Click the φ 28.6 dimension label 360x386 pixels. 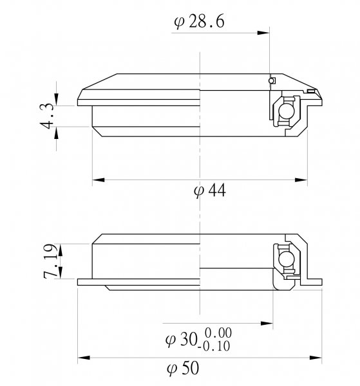199,22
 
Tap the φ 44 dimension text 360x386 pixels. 210,191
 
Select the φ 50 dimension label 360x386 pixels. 183,368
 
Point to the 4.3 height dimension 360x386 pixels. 46,116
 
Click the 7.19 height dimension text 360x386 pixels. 50,261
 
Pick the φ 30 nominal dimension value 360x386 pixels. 181,339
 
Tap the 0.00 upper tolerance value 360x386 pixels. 218,333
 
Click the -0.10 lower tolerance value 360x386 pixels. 214,346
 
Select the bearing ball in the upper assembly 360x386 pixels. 286,111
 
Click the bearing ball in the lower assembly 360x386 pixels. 286,259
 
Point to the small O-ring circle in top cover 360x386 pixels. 271,81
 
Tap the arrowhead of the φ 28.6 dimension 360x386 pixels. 263,33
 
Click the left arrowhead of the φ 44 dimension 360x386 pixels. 99,180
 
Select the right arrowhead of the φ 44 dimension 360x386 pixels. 301,180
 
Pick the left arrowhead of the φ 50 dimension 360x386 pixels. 84,358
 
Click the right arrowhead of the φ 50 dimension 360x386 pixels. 316,358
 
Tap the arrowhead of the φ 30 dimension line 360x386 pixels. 267,323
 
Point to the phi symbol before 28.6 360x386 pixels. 179,23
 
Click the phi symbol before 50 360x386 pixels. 172,369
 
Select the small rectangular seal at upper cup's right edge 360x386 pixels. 311,91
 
